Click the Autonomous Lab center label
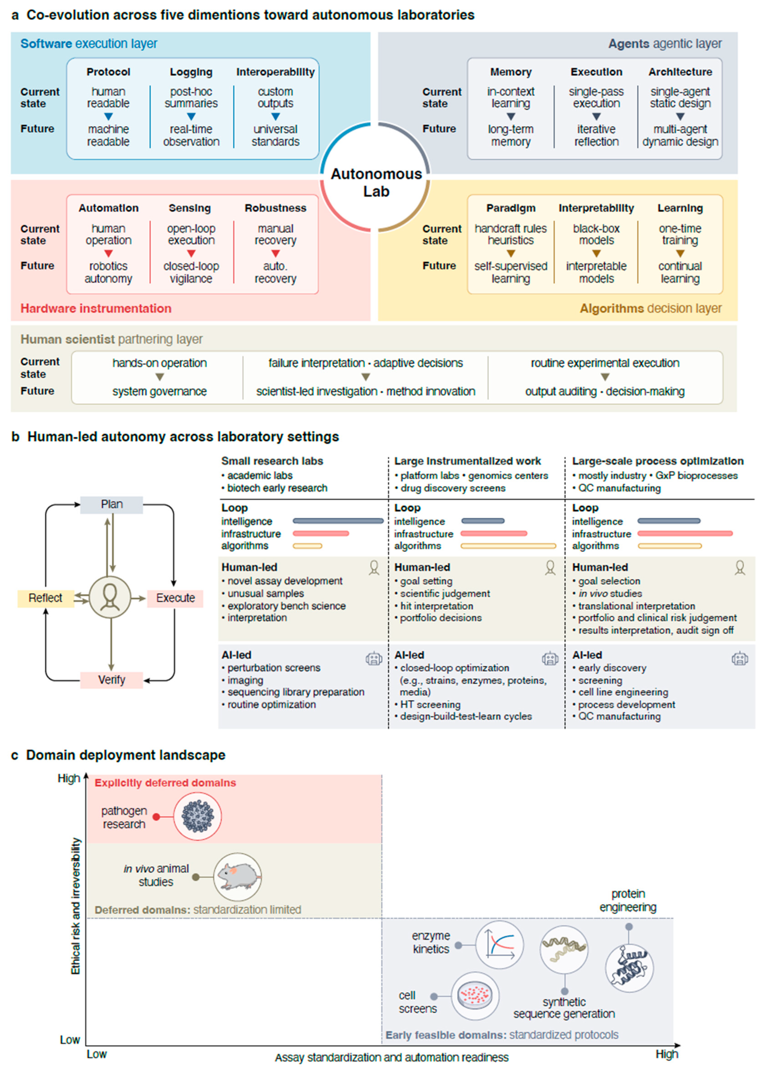pos(376,182)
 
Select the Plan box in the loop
pos(111,504)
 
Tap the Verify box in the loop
pos(111,680)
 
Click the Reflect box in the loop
pos(45,598)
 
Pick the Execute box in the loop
pos(175,598)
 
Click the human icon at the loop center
pos(110,597)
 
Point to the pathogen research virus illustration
pos(198,816)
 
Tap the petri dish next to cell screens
pos(475,996)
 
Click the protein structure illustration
pos(629,968)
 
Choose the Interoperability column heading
pos(276,72)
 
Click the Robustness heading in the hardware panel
pos(276,208)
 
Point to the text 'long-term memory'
pos(510,135)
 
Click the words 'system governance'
pos(159,391)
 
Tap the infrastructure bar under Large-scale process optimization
pos(685,533)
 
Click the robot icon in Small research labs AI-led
pos(374,658)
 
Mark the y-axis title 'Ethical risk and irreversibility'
pos(76,906)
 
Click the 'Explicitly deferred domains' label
pos(165,783)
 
